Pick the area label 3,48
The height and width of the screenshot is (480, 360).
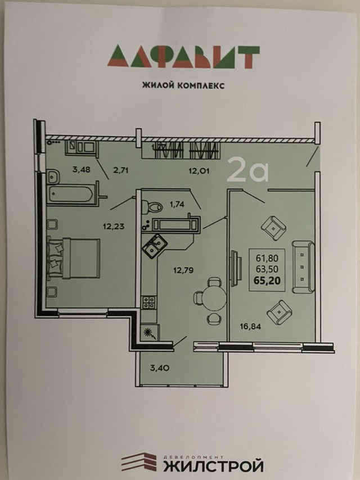click(82, 168)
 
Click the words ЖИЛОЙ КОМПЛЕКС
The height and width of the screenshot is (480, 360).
click(179, 86)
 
